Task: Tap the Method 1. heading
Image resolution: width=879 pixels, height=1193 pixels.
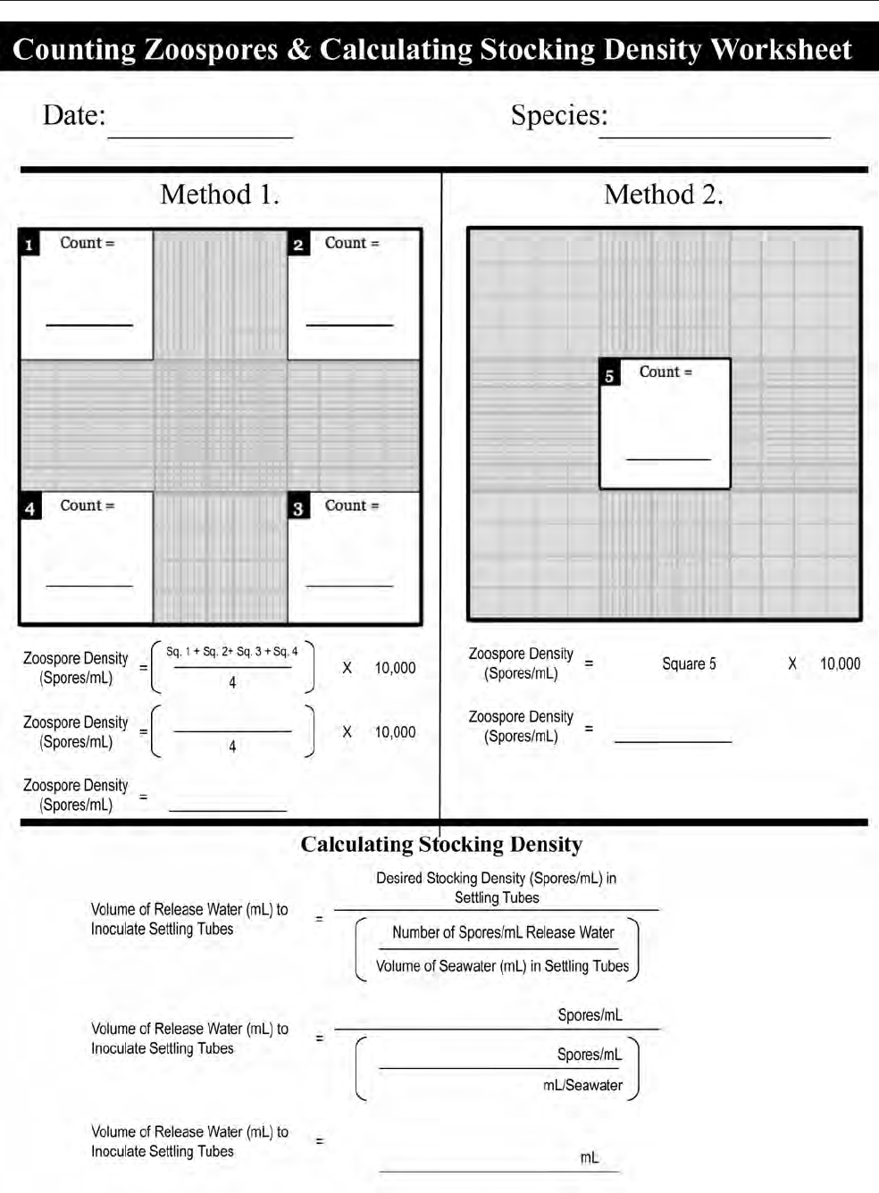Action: (220, 195)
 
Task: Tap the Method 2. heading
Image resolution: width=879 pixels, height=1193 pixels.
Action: (663, 195)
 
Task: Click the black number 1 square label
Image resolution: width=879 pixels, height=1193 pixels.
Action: (29, 245)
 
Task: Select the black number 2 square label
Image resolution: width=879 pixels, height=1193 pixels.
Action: (298, 245)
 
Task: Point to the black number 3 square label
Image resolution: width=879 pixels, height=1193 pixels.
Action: (298, 508)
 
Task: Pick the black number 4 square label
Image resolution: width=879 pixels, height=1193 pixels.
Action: (29, 508)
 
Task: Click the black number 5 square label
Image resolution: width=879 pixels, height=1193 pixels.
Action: (609, 375)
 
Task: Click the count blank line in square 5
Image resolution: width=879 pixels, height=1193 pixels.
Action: (668, 457)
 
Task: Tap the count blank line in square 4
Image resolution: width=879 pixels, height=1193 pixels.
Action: (89, 585)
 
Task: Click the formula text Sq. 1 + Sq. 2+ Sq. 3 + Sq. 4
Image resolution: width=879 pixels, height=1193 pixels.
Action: (232, 652)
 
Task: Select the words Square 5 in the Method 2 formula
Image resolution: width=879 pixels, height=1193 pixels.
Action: (689, 663)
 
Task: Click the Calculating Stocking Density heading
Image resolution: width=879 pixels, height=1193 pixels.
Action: (441, 845)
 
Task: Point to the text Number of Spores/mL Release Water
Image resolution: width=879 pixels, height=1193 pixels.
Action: (503, 932)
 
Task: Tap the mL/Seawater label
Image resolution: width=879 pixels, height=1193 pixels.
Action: (582, 1085)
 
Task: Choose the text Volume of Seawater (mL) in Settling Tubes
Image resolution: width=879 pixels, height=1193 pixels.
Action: (502, 966)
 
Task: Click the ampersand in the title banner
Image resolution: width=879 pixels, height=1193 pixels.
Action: (298, 50)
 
